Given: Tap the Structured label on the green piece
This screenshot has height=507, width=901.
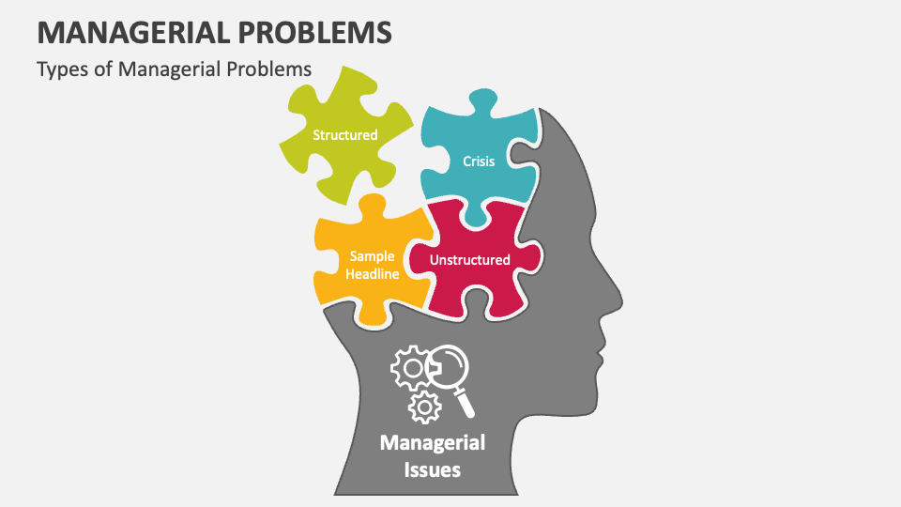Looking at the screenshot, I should click(x=344, y=135).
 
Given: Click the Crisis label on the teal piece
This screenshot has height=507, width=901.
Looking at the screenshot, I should click(x=479, y=161).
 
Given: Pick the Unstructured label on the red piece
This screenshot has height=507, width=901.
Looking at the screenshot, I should click(x=469, y=260).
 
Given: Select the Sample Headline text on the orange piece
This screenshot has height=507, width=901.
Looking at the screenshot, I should click(x=372, y=265).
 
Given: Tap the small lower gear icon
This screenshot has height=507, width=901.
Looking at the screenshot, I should click(x=426, y=407).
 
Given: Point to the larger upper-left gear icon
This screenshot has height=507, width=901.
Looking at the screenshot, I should click(x=409, y=369).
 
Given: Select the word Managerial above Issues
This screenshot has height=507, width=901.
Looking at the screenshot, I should click(x=432, y=441).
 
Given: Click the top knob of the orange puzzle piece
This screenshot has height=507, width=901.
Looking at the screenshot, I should click(x=373, y=207).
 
